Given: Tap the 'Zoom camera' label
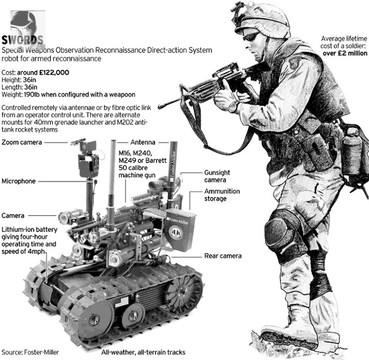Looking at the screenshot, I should click(x=22, y=142).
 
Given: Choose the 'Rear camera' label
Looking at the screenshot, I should click(x=223, y=256).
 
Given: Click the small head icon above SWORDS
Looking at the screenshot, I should click(x=23, y=20).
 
